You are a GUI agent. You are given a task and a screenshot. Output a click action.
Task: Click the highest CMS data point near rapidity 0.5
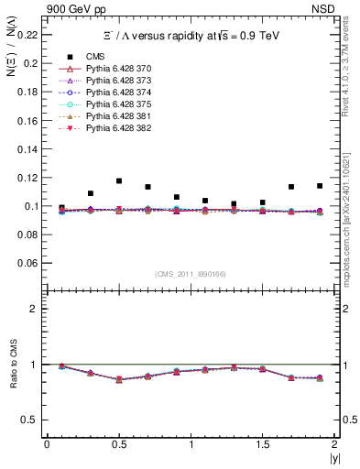tap(119, 181)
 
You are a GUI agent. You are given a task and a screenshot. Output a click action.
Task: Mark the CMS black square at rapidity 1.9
tap(320, 186)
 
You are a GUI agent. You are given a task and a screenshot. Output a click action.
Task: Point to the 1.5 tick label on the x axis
tap(262, 444)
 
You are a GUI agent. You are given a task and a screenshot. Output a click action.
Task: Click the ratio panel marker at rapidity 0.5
tap(119, 379)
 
